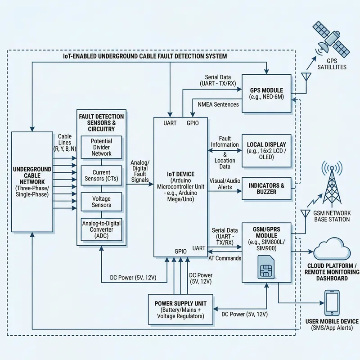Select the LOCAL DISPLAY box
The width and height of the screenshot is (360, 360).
[x=266, y=148]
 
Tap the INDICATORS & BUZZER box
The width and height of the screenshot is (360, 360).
[x=266, y=189]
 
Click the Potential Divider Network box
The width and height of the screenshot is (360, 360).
[x=101, y=147]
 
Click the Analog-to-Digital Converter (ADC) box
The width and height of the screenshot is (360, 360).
[x=101, y=230]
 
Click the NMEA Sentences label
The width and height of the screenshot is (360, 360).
[x=218, y=104]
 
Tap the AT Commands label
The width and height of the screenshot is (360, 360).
[x=225, y=258]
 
